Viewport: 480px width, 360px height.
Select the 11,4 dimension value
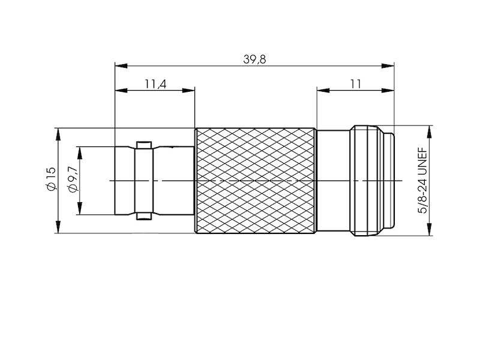(x=155, y=84)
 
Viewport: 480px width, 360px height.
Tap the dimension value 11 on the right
(x=355, y=84)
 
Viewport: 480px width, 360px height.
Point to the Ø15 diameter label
(x=50, y=180)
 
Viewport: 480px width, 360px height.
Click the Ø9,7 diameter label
(x=73, y=180)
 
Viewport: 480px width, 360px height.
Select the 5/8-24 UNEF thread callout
(x=422, y=181)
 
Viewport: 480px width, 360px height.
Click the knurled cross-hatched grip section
(x=255, y=181)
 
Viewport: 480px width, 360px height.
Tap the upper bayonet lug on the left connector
(x=143, y=145)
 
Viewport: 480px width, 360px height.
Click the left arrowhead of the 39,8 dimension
(x=119, y=65)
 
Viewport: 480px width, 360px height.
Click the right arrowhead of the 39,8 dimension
(x=390, y=65)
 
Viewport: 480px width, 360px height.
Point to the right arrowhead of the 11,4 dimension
(x=190, y=91)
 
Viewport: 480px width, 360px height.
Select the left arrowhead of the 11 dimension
(x=322, y=91)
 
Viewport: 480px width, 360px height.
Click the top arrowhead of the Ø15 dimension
(x=58, y=133)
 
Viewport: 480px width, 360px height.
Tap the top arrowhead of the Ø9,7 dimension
(x=79, y=151)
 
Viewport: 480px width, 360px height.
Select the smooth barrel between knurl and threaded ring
(x=334, y=181)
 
